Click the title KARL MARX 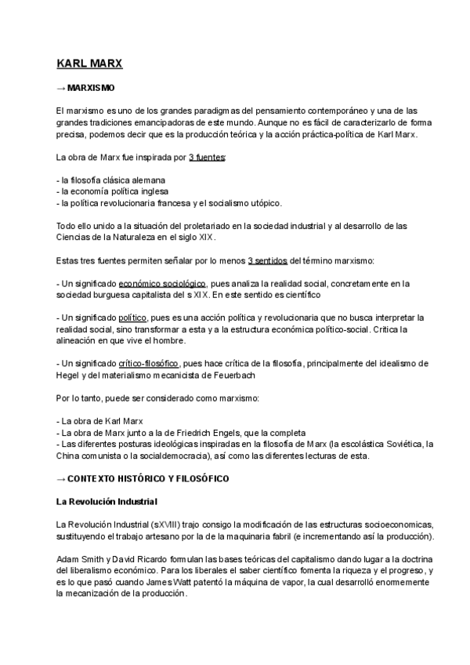click(x=89, y=63)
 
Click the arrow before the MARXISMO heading click(x=61, y=89)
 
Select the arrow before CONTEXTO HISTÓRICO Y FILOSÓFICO click(x=61, y=478)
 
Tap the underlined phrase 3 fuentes click(x=207, y=158)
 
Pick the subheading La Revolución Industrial click(x=107, y=501)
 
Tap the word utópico click(x=263, y=202)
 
